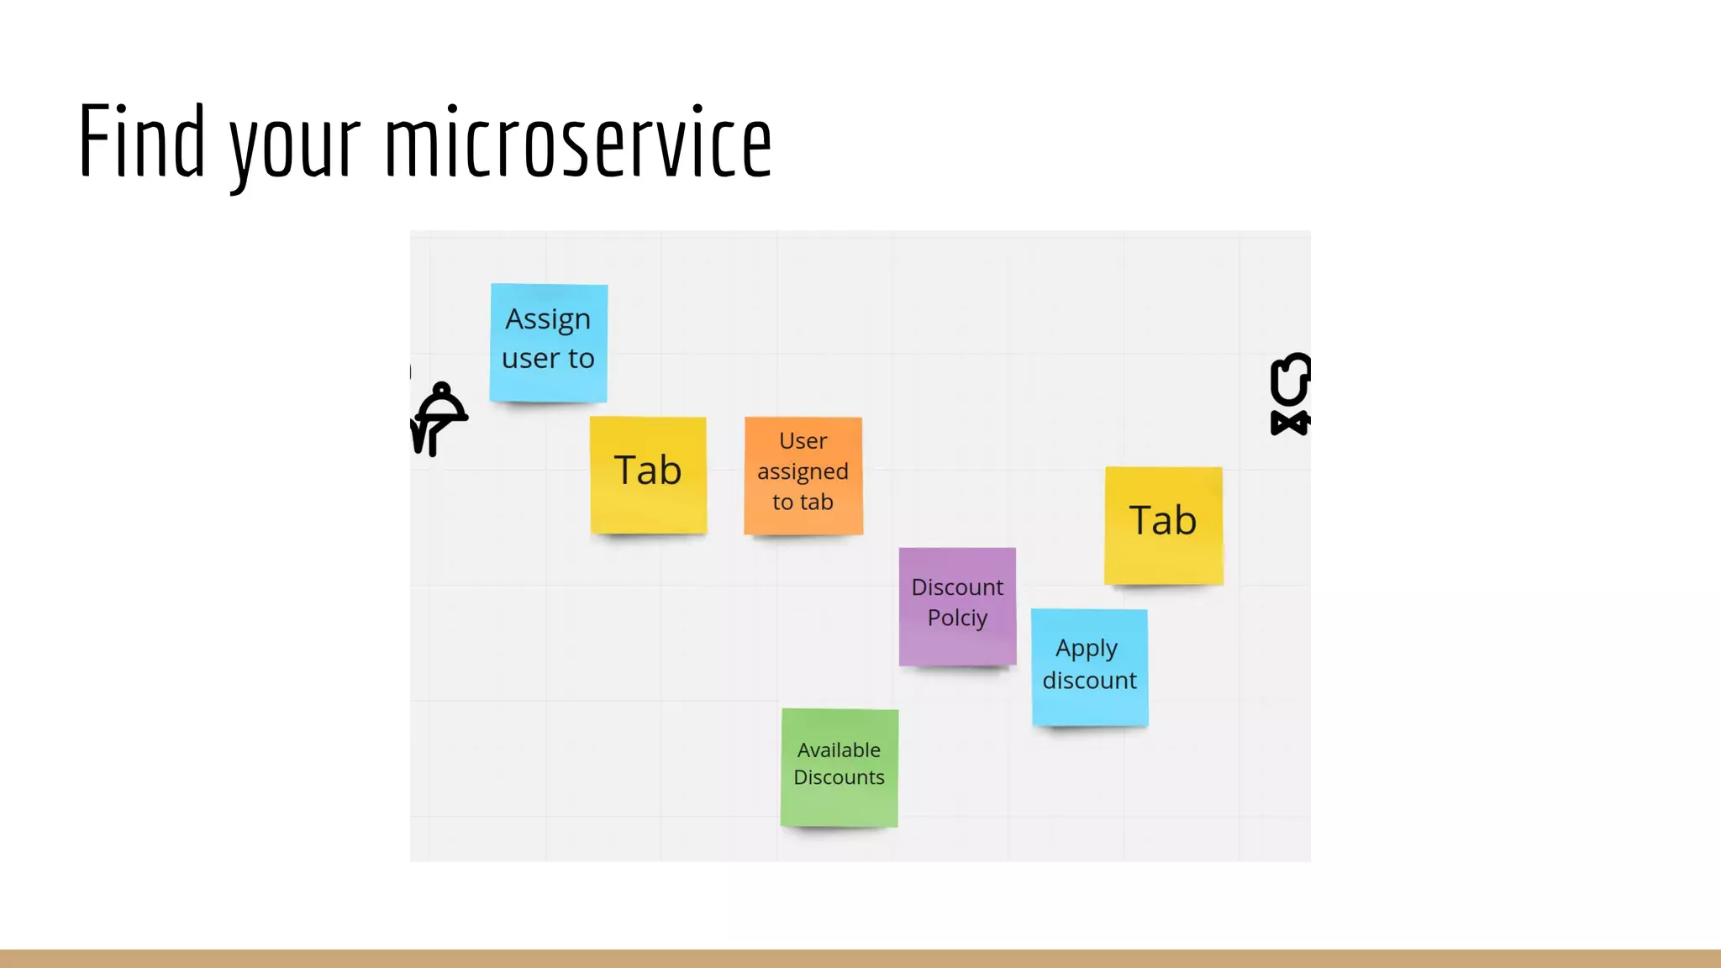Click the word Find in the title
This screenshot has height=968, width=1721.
pyautogui.click(x=141, y=141)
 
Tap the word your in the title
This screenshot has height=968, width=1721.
pyautogui.click(x=295, y=147)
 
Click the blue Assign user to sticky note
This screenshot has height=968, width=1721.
pyautogui.click(x=549, y=343)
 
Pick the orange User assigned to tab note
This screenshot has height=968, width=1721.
pyautogui.click(x=803, y=476)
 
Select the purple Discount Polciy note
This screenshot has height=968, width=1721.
pyautogui.click(x=957, y=606)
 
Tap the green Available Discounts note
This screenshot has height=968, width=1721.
pyautogui.click(x=839, y=767)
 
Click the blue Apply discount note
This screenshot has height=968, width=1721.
pyautogui.click(x=1089, y=667)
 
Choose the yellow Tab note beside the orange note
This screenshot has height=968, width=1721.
pyautogui.click(x=648, y=475)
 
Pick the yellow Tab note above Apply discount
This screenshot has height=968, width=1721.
pyautogui.click(x=1163, y=525)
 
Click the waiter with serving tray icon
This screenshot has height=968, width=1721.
pyautogui.click(x=438, y=418)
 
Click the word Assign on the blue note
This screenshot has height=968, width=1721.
pyautogui.click(x=548, y=320)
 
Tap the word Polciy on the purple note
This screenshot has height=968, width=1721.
pyautogui.click(x=957, y=618)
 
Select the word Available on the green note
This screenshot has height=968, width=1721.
pyautogui.click(x=839, y=750)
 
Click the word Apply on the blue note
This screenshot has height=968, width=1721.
pyautogui.click(x=1087, y=650)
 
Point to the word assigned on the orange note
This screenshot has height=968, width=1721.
pyautogui.click(x=803, y=472)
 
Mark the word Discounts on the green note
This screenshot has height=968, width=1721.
pyautogui.click(x=839, y=777)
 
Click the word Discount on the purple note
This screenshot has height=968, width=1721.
pyautogui.click(x=957, y=587)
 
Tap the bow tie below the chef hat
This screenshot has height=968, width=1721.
pyautogui.click(x=1290, y=423)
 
